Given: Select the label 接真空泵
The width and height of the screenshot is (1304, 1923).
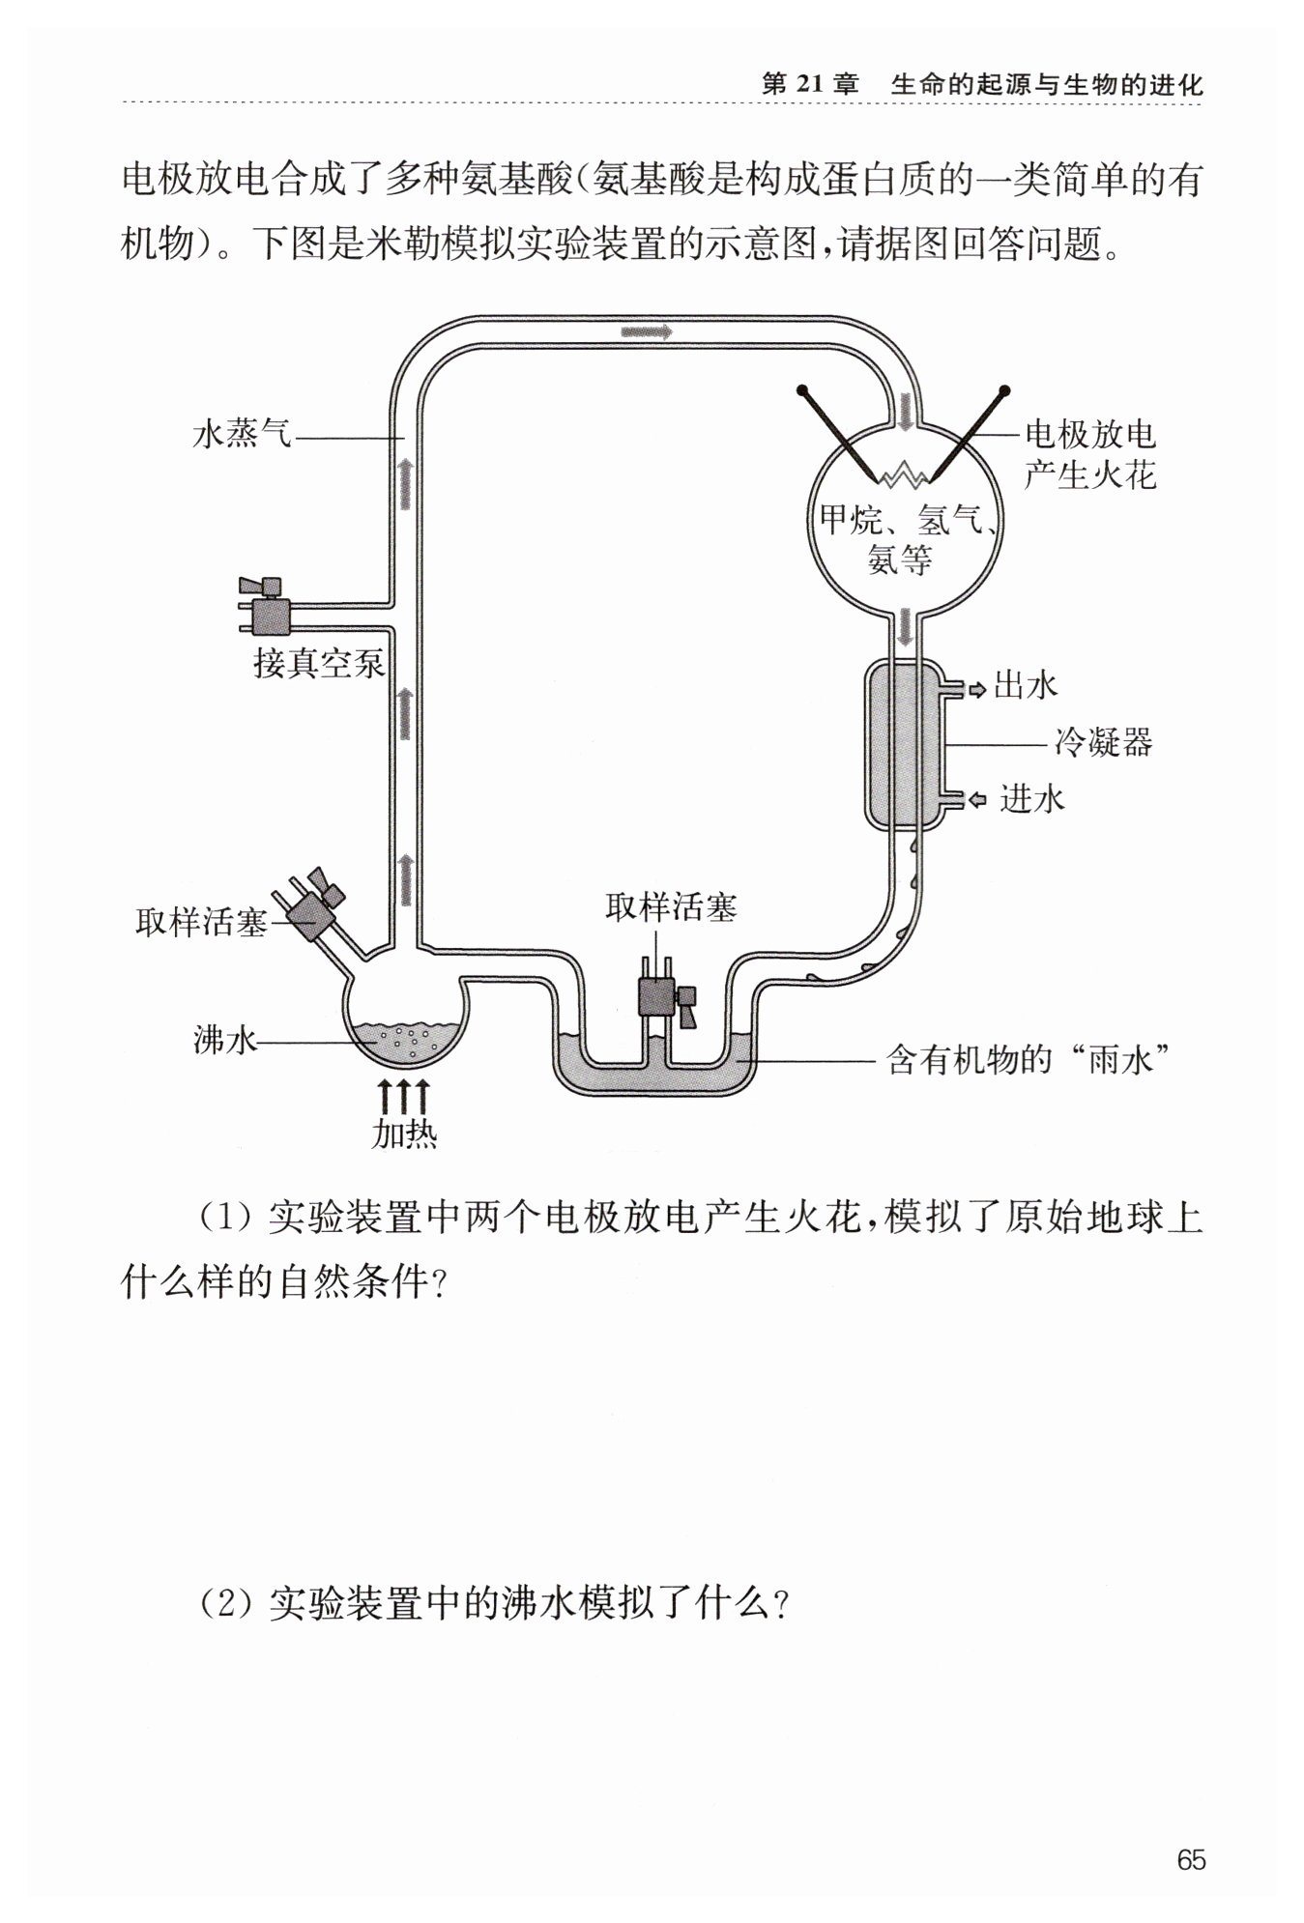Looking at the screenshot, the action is pyautogui.click(x=319, y=664).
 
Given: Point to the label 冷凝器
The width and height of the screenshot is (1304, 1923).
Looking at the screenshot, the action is pyautogui.click(x=1104, y=743).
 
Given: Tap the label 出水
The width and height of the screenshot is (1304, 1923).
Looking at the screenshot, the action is pyautogui.click(x=1026, y=686).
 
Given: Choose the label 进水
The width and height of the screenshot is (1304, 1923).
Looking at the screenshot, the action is pyautogui.click(x=1031, y=799).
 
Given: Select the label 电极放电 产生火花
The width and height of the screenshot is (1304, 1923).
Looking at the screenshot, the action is pyautogui.click(x=1090, y=454).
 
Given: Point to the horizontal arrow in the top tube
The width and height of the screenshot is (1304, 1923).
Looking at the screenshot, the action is pyautogui.click(x=647, y=330).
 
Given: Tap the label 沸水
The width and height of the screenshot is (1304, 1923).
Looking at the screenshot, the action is pyautogui.click(x=225, y=1040).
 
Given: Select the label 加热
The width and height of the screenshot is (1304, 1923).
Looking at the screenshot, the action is pyautogui.click(x=404, y=1134).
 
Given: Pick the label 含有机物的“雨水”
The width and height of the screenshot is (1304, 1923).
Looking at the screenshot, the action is pyautogui.click(x=1030, y=1061).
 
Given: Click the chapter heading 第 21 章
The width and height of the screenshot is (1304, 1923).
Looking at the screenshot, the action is pyautogui.click(x=810, y=84).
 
